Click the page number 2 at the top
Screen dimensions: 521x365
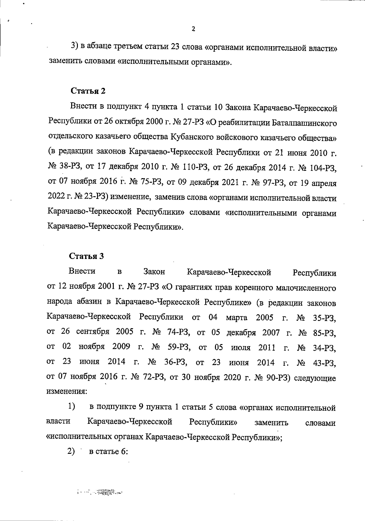pos(193,29)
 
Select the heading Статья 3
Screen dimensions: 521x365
pos(87,256)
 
